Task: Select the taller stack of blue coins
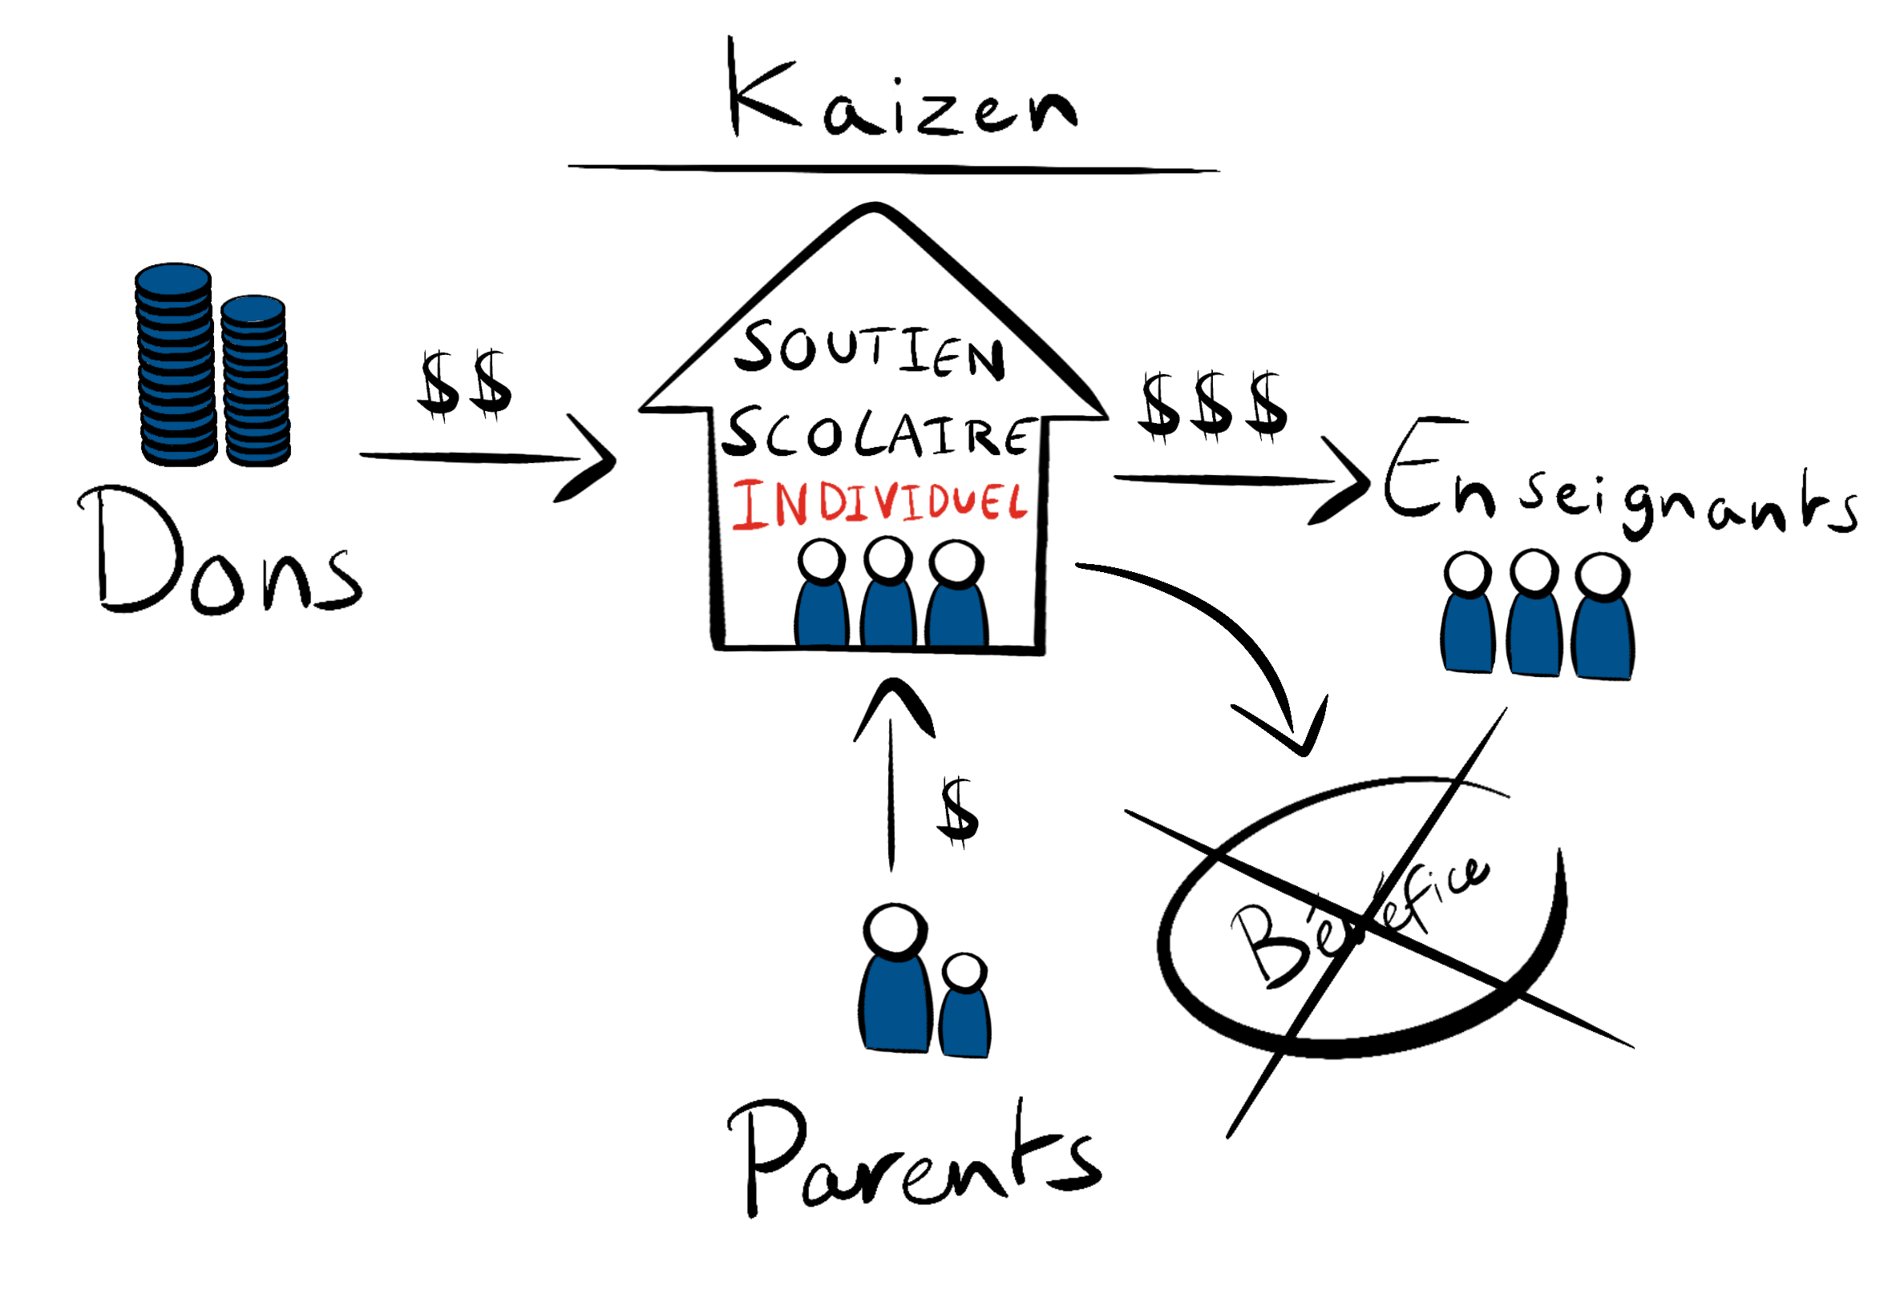click(175, 364)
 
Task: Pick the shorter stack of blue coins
click(254, 381)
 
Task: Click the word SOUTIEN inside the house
click(869, 350)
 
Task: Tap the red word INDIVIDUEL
click(878, 503)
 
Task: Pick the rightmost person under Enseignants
click(1602, 618)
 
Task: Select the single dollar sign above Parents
click(958, 812)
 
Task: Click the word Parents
click(911, 1157)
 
